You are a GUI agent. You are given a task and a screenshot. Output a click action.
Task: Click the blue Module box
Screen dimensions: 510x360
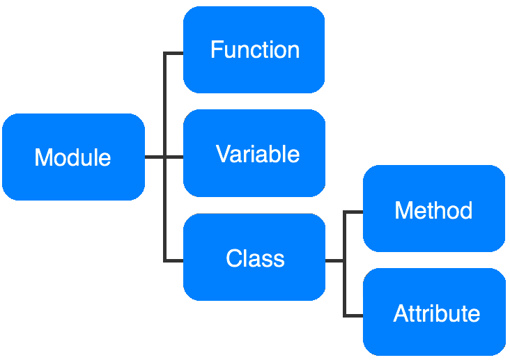(x=74, y=157)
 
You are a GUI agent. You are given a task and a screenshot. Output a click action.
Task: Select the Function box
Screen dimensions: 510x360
(x=254, y=49)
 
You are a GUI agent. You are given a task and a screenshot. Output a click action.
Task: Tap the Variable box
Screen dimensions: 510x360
(x=254, y=153)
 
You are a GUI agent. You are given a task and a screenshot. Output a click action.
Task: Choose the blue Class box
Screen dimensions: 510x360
(x=254, y=257)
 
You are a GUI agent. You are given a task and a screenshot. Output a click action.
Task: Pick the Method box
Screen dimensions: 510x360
(x=434, y=208)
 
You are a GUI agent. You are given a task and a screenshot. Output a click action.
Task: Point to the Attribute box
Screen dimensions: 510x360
(x=434, y=312)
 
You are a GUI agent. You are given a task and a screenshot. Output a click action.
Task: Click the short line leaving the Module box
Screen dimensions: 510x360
(x=155, y=157)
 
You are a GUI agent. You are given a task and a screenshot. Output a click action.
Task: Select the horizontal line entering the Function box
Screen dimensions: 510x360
(x=174, y=53)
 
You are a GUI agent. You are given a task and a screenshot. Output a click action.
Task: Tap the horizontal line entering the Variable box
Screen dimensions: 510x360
(x=175, y=157)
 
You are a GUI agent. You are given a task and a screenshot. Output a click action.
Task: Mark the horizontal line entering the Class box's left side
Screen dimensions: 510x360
(x=174, y=260)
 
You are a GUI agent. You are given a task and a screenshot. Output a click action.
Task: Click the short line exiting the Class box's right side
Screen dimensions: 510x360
(x=334, y=260)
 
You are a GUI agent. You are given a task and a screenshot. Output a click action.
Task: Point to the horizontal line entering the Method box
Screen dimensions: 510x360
(x=353, y=212)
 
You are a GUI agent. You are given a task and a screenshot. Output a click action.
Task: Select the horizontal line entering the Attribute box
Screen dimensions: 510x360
(x=353, y=315)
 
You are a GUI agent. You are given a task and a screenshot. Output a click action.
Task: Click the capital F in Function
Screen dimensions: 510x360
(x=217, y=49)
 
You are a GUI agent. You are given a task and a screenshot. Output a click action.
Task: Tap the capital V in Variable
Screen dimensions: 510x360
(x=224, y=153)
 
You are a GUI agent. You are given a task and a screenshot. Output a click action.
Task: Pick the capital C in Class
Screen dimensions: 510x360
(x=234, y=258)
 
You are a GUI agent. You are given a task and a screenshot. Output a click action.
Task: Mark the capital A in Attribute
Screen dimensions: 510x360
(x=402, y=313)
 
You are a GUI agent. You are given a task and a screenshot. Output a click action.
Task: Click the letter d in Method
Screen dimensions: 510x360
(x=465, y=210)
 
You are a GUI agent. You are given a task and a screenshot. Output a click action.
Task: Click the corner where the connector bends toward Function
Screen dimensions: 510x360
(x=165, y=53)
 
